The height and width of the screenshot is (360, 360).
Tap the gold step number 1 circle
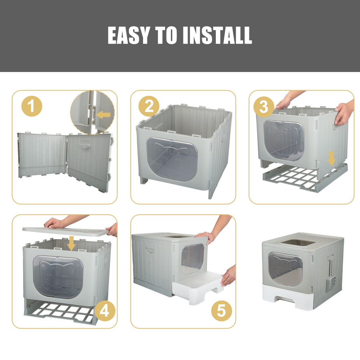point(32,106)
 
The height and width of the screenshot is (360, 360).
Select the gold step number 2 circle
point(149,106)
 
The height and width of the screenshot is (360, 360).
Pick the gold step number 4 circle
point(104,311)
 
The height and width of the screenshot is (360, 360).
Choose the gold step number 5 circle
point(221,311)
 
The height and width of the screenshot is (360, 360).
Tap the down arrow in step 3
point(331,159)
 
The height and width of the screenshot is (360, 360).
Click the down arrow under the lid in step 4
point(71,243)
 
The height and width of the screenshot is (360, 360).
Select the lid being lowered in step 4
point(66,231)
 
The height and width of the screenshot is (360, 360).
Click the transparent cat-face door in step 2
point(172,159)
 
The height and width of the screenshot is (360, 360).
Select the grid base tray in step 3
point(306,177)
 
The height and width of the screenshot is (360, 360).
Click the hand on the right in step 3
point(344,113)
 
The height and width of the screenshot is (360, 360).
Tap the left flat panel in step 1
point(43,155)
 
